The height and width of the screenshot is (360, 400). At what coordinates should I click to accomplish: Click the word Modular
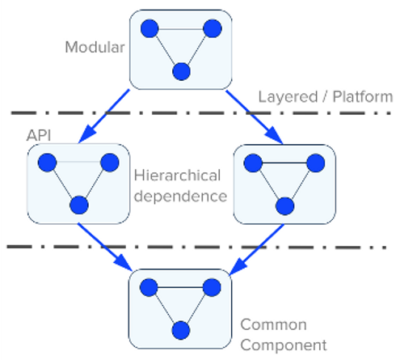coord(95,47)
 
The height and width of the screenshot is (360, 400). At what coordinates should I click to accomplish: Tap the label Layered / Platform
coord(325,97)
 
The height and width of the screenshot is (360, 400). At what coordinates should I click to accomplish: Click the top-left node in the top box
coord(149,29)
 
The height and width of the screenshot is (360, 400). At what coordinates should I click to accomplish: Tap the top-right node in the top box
coord(213,29)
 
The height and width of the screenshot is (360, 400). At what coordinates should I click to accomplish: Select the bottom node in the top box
coord(181,70)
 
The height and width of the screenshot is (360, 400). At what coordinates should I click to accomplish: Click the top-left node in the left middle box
coord(46,162)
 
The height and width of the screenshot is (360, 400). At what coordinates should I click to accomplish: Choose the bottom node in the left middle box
coord(78,204)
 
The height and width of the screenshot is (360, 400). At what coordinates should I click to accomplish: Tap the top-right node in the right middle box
coord(316,163)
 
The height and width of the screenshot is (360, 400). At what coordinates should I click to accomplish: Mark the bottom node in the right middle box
coord(284,204)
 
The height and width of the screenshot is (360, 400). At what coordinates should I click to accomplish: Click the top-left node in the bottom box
coord(149,287)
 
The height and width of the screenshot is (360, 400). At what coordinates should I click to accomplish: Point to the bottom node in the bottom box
coord(181,329)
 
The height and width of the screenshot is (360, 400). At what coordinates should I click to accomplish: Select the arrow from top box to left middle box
coord(106,116)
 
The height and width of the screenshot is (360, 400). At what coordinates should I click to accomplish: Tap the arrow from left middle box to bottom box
coord(105,246)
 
